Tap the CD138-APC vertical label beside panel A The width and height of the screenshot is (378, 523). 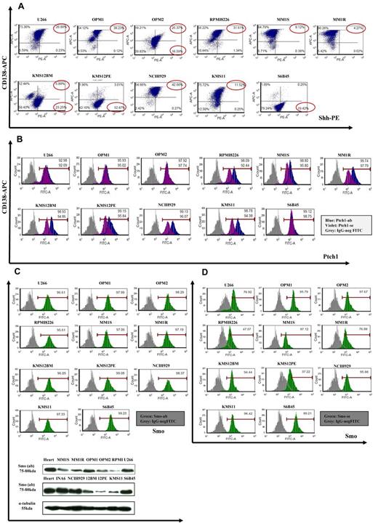tap(9, 73)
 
